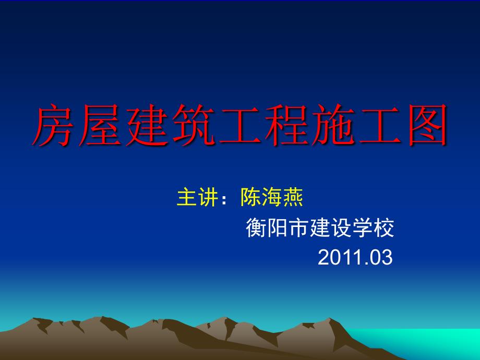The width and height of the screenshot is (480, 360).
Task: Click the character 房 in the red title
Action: [54, 126]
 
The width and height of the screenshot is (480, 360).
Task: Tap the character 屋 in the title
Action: [101, 126]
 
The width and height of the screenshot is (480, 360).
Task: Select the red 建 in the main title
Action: [147, 126]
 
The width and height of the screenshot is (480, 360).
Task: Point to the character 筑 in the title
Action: [194, 126]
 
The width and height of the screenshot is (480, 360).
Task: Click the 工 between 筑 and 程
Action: [240, 126]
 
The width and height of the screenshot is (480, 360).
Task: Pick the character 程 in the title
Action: [286, 126]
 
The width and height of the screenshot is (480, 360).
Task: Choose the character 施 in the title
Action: [333, 126]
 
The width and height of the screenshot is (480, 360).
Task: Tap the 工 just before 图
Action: [379, 126]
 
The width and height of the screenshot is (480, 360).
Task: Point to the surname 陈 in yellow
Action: [250, 198]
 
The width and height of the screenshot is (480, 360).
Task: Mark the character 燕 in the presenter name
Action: [293, 198]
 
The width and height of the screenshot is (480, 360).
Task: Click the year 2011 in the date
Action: [338, 257]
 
